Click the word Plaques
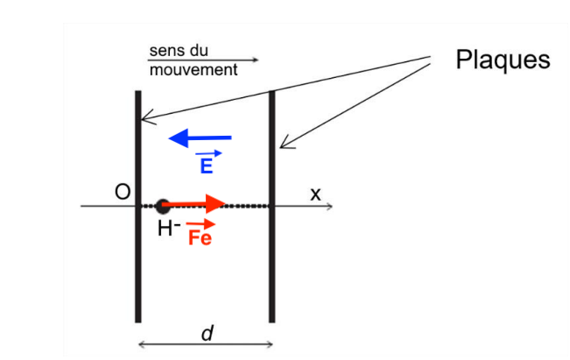click(503, 60)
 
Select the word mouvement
click(194, 69)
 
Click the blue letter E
click(207, 166)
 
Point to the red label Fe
click(200, 238)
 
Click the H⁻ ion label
click(169, 229)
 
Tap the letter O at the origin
click(123, 192)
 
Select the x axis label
click(315, 194)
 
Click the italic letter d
click(208, 333)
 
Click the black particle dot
click(163, 206)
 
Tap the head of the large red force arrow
click(216, 203)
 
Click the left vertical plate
click(138, 207)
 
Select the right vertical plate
click(272, 207)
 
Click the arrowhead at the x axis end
click(329, 206)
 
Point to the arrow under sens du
click(203, 60)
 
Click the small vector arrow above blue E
click(208, 154)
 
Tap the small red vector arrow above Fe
click(201, 224)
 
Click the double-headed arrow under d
click(206, 344)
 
